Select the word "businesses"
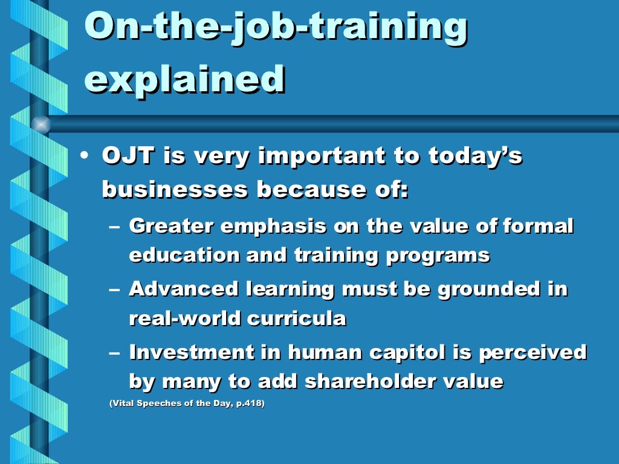(175, 190)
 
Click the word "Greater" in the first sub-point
(171, 227)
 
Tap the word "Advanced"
(184, 289)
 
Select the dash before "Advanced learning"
(115, 289)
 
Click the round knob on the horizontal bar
(41, 124)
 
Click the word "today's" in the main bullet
(475, 156)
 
